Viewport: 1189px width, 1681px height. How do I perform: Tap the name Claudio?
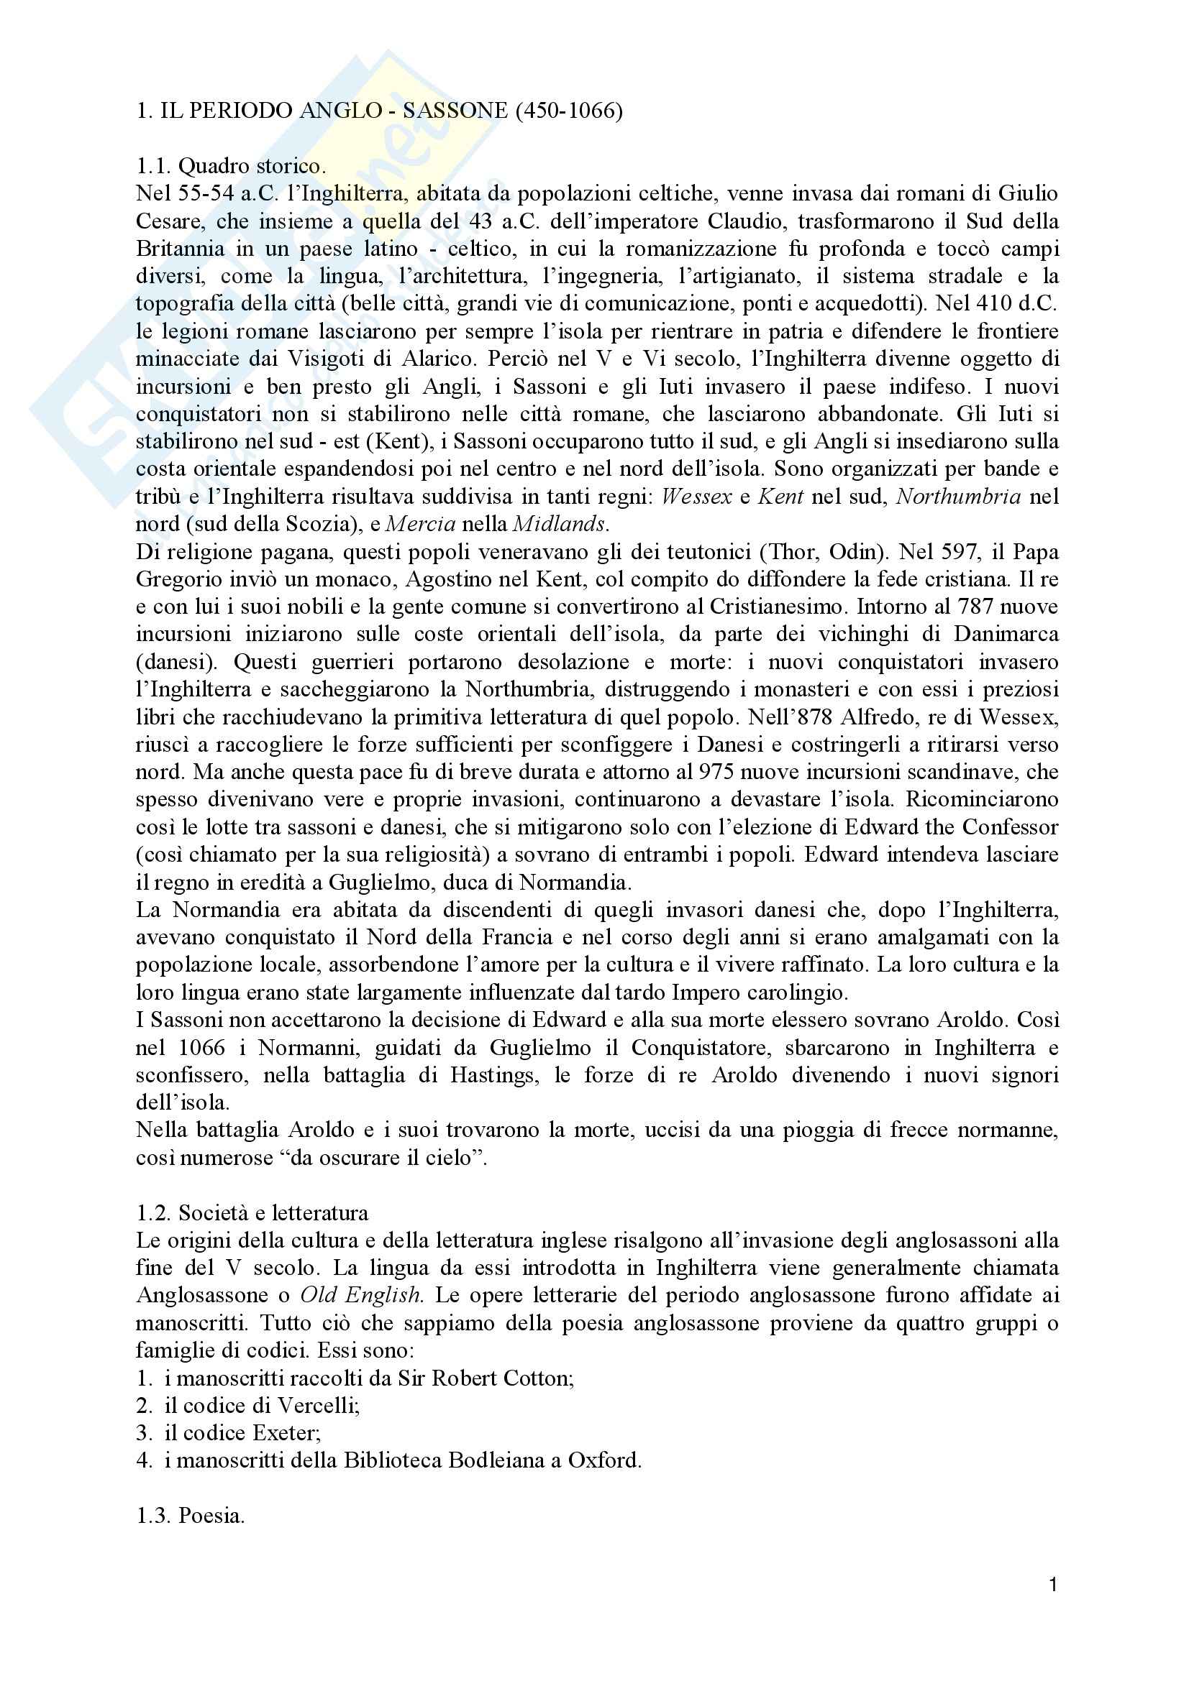coord(744,222)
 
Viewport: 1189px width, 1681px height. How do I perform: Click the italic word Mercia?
coord(421,523)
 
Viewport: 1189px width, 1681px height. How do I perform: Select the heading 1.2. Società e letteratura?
coord(252,1213)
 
